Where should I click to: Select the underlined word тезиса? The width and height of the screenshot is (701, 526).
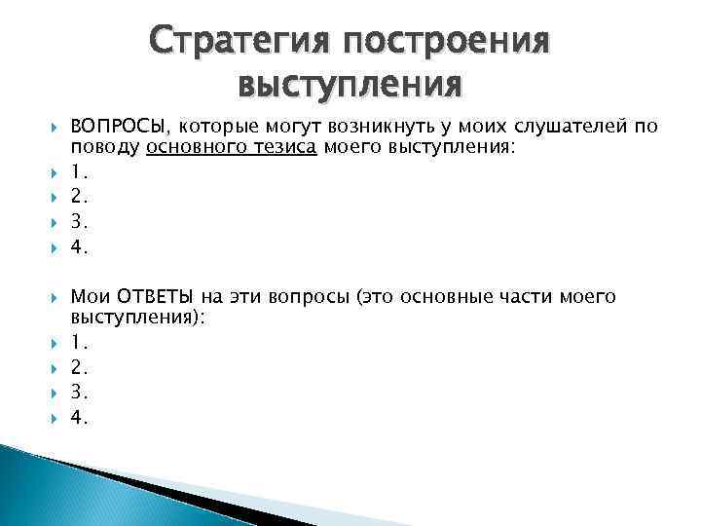pyautogui.click(x=280, y=147)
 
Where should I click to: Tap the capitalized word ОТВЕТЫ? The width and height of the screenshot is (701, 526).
pyautogui.click(x=155, y=295)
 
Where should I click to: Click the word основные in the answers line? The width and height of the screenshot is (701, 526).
pyautogui.click(x=484, y=295)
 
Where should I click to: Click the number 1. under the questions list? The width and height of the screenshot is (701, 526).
pyautogui.click(x=77, y=172)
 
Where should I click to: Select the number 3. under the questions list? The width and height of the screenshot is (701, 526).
pyautogui.click(x=78, y=223)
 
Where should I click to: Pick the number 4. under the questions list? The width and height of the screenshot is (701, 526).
pyautogui.click(x=78, y=247)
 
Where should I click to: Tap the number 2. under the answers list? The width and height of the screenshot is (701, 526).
pyautogui.click(x=78, y=367)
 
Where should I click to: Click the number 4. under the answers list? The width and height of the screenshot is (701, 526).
pyautogui.click(x=78, y=418)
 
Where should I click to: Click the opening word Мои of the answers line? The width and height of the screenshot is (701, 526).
pyautogui.click(x=91, y=295)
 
